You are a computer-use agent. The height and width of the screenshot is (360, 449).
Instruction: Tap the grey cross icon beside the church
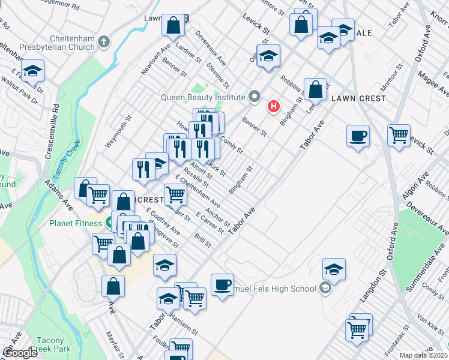click(x=104, y=42)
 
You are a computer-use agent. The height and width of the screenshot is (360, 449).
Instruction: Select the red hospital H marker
click(x=274, y=107)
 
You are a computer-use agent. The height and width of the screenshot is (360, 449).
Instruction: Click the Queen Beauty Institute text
click(x=203, y=97)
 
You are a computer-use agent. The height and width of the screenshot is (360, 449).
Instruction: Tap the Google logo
click(x=20, y=353)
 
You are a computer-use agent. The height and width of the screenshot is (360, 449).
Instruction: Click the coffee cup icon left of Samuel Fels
click(x=222, y=284)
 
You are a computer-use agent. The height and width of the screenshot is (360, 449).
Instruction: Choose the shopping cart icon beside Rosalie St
click(x=175, y=194)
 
